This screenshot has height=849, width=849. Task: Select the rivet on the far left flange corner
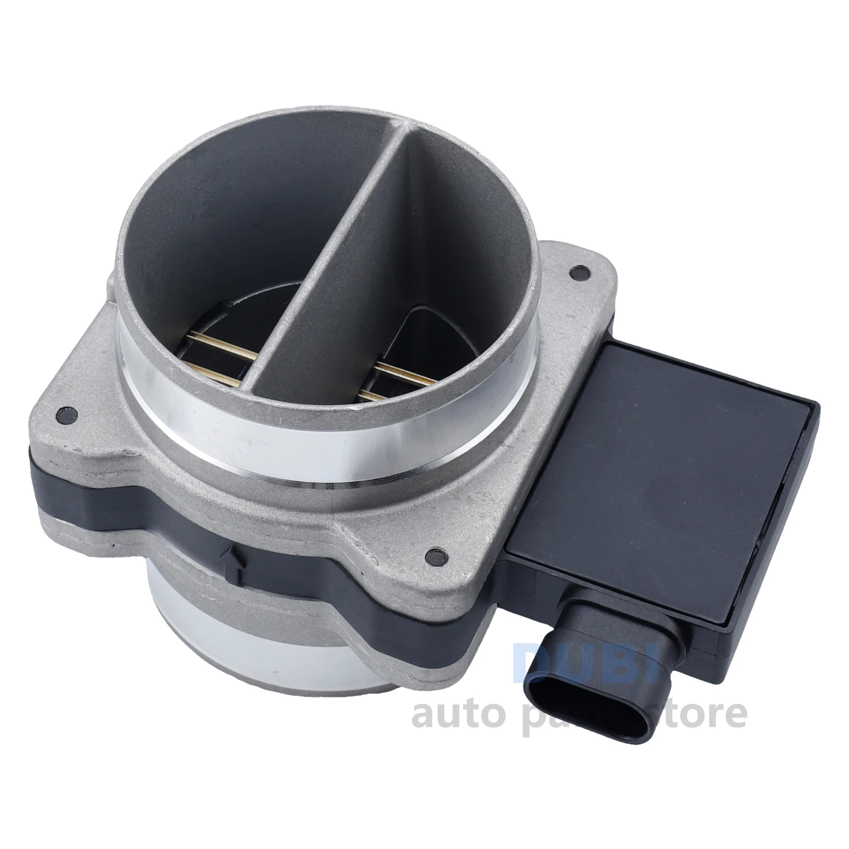(x=66, y=414)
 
